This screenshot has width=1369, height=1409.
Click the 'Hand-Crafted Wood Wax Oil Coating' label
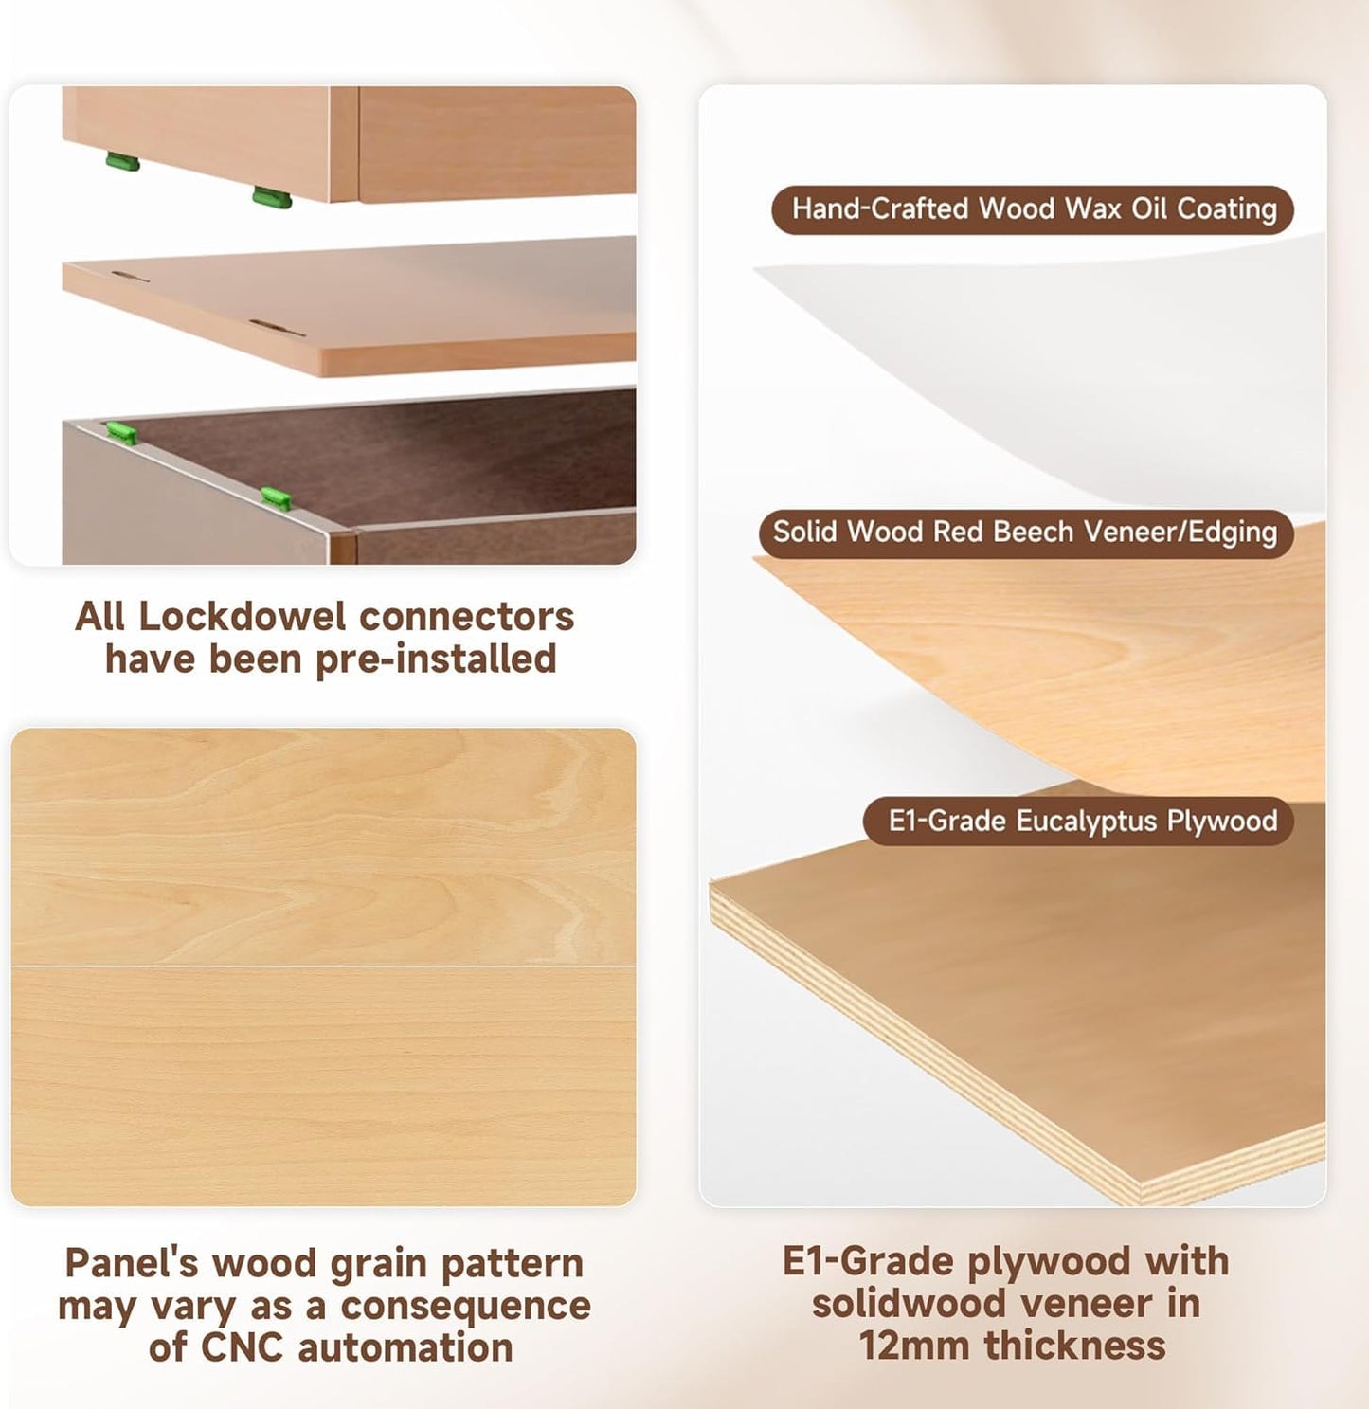[1033, 209]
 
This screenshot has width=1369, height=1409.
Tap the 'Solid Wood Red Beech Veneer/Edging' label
[1026, 533]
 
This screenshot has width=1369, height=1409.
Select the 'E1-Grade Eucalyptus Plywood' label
[1078, 822]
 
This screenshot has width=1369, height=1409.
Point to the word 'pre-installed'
[436, 660]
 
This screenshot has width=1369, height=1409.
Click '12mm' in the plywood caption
[913, 1346]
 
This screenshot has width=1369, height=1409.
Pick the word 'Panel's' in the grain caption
[131, 1263]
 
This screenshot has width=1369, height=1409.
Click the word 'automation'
[405, 1347]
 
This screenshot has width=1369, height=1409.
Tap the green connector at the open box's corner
[121, 432]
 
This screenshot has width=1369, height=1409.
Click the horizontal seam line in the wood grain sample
[324, 966]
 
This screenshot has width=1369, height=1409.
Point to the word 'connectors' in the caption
[467, 618]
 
